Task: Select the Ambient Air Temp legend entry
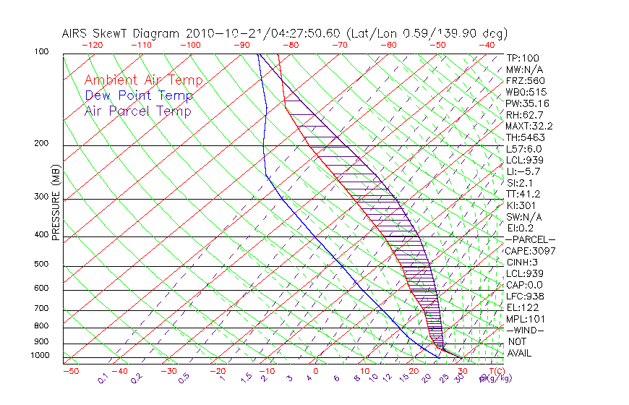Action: pyautogui.click(x=144, y=80)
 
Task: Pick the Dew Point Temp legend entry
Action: pyautogui.click(x=139, y=95)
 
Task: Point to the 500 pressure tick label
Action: pyautogui.click(x=41, y=265)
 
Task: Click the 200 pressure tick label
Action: pyautogui.click(x=41, y=144)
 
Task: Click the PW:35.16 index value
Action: pyautogui.click(x=528, y=103)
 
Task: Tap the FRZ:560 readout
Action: pyautogui.click(x=526, y=80)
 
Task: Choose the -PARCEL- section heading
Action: pyautogui.click(x=531, y=239)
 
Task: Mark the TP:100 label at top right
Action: pyautogui.click(x=523, y=58)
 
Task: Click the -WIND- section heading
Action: pyautogui.click(x=526, y=330)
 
